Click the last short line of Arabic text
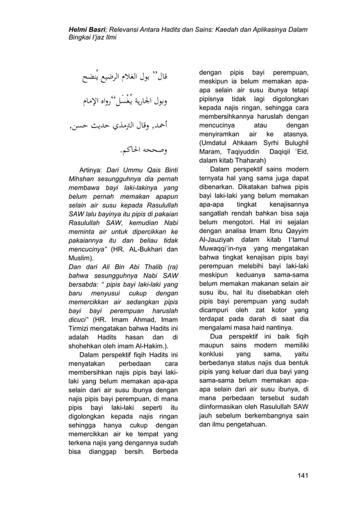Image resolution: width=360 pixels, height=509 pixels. [157, 151]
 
